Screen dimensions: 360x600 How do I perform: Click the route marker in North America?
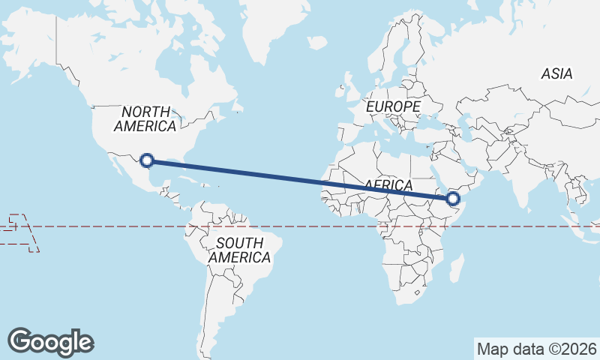click(x=147, y=160)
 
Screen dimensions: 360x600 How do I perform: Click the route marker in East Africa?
click(x=452, y=199)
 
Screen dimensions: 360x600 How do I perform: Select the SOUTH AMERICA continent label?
click(x=239, y=250)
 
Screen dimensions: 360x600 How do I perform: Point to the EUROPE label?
click(x=393, y=107)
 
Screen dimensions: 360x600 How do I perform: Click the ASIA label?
click(x=556, y=73)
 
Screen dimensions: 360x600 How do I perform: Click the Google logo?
click(x=50, y=341)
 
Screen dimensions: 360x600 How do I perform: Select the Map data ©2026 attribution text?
click(x=537, y=349)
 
